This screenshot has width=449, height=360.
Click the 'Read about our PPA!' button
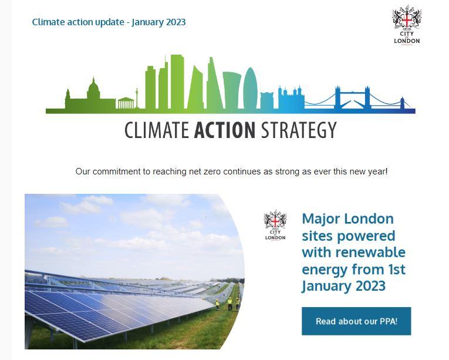356,321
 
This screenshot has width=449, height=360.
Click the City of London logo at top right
406,24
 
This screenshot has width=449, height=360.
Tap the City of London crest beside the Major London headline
275,226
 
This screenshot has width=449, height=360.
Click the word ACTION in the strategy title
225,130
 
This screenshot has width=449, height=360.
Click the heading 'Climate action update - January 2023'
109,22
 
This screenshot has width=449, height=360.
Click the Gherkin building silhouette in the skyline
251,89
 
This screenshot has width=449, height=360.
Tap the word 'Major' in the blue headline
323,219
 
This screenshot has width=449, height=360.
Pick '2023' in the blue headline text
369,287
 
